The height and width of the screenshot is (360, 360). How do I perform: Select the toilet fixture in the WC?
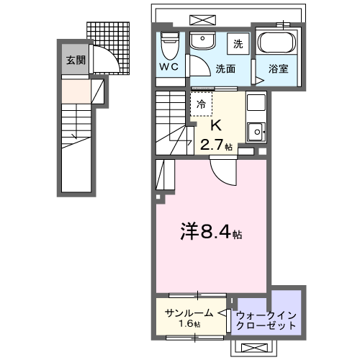170,46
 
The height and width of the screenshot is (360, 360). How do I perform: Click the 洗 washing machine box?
238,44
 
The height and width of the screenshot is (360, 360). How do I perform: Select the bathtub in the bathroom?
276,43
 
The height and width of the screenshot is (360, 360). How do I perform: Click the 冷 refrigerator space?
202,105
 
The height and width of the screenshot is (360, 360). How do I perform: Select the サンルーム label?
189,312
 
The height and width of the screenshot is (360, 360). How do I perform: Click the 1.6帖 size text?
190,325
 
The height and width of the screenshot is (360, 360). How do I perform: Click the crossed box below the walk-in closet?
256,347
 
